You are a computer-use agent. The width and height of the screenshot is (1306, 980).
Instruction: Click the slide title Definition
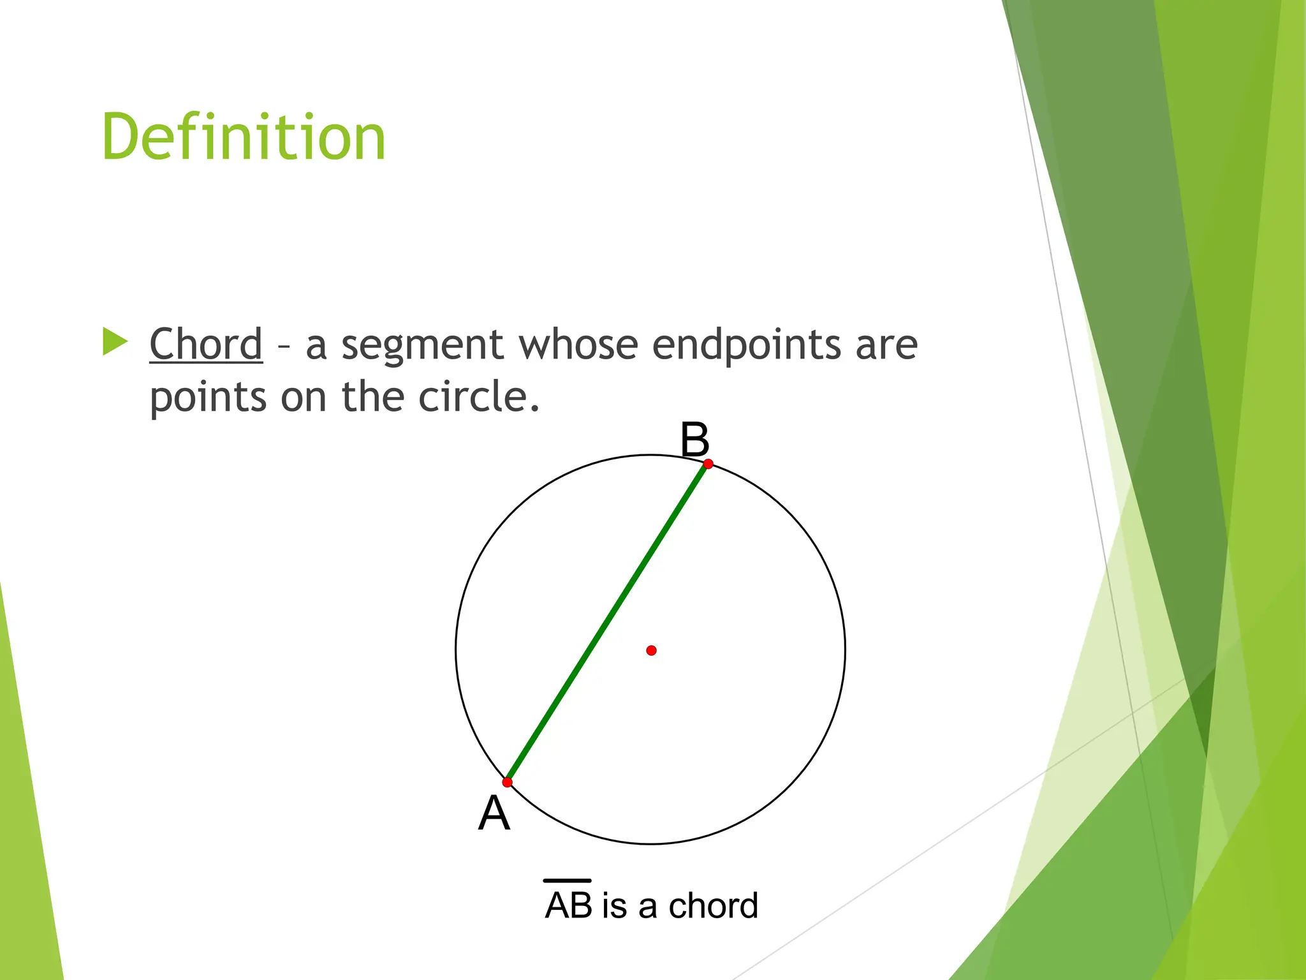(x=244, y=137)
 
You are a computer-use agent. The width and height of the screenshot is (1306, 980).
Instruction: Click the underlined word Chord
(x=206, y=344)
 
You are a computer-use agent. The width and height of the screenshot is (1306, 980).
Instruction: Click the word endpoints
(x=746, y=346)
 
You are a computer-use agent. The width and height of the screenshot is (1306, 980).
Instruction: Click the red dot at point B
(x=708, y=464)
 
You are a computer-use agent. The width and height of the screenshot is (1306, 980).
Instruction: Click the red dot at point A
(x=507, y=782)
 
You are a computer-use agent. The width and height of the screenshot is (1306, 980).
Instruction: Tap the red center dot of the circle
(x=651, y=650)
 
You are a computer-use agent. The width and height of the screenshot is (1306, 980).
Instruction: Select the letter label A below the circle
(x=494, y=813)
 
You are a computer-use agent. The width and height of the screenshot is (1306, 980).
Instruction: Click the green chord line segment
(x=607, y=623)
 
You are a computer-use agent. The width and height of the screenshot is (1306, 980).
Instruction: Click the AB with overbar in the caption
(x=568, y=904)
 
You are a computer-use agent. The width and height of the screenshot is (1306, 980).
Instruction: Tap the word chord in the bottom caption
(x=713, y=905)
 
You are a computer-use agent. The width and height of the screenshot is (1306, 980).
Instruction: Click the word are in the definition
(x=886, y=345)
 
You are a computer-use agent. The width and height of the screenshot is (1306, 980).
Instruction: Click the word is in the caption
(x=614, y=905)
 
